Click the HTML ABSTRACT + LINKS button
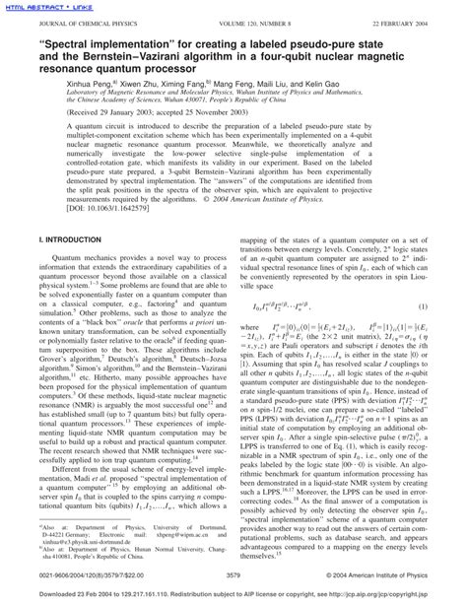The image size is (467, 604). [41, 5]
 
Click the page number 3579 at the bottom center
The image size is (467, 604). [233, 574]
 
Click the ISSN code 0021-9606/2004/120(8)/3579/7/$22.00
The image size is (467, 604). [80, 574]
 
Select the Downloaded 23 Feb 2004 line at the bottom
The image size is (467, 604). [233, 595]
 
